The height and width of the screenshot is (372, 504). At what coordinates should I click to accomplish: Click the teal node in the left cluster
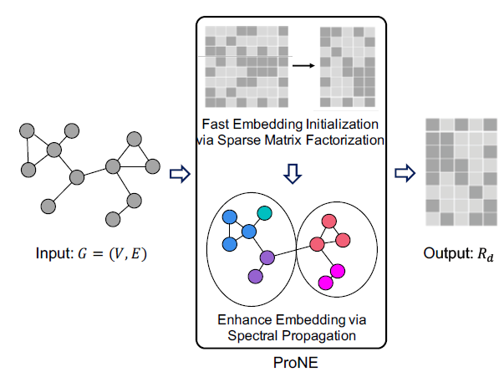tap(264, 214)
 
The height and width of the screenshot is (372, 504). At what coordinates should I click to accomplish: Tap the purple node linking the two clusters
tap(267, 258)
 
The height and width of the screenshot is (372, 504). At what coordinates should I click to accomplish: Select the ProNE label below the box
tap(296, 361)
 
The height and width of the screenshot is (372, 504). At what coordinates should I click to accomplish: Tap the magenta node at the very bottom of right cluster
tap(325, 283)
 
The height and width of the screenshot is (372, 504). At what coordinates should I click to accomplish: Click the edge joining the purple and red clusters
tap(291, 252)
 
